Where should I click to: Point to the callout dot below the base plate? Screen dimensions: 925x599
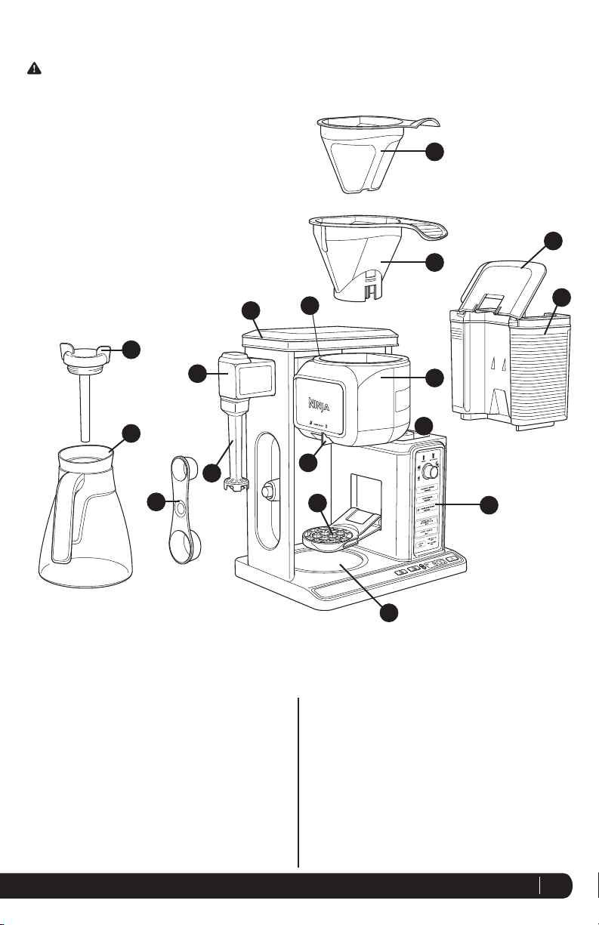[388, 614]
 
